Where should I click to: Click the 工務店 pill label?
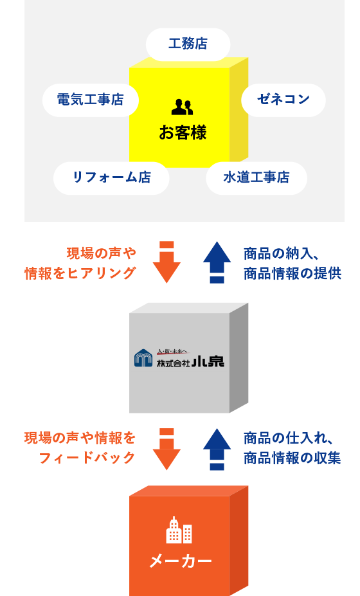[x=188, y=44]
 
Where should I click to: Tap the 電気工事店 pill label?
[x=91, y=100]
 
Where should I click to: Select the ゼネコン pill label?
[x=283, y=100]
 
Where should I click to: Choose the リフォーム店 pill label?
[x=111, y=178]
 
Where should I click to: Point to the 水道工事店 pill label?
[x=256, y=178]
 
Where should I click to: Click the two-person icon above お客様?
[x=182, y=107]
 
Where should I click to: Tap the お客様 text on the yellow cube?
[x=183, y=132]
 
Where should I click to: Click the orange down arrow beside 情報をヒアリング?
[x=166, y=262]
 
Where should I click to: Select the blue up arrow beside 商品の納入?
[x=217, y=262]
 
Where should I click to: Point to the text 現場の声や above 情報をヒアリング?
[x=102, y=253]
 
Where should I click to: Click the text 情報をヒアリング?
[x=80, y=273]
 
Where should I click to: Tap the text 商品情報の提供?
[x=292, y=273]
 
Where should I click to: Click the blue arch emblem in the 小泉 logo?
[x=143, y=358]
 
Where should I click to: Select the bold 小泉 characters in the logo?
[x=208, y=361]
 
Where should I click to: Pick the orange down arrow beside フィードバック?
[x=166, y=449]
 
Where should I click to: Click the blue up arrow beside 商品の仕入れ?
[x=217, y=449]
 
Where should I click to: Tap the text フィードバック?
[x=87, y=458]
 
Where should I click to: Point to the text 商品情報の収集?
[x=292, y=458]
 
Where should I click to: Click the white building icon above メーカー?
[x=179, y=530]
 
